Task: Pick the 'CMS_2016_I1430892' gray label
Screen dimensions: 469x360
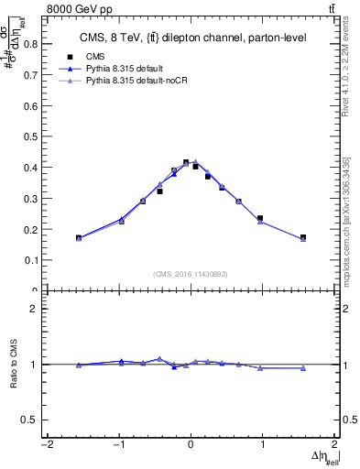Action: [x=191, y=273]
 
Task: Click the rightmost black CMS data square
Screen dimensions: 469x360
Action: [x=303, y=237]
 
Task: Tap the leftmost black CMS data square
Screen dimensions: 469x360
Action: [x=79, y=238]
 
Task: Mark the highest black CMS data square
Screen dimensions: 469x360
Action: [x=186, y=162]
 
